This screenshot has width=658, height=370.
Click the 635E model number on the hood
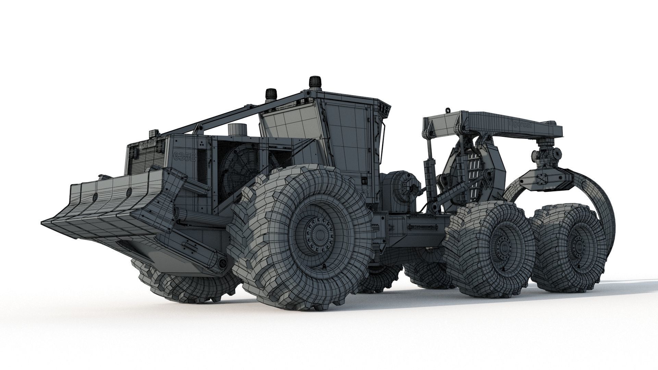184,157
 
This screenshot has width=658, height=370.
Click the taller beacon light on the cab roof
313,82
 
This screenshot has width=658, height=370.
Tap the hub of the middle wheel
503,245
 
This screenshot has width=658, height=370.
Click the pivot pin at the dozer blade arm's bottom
223,263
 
